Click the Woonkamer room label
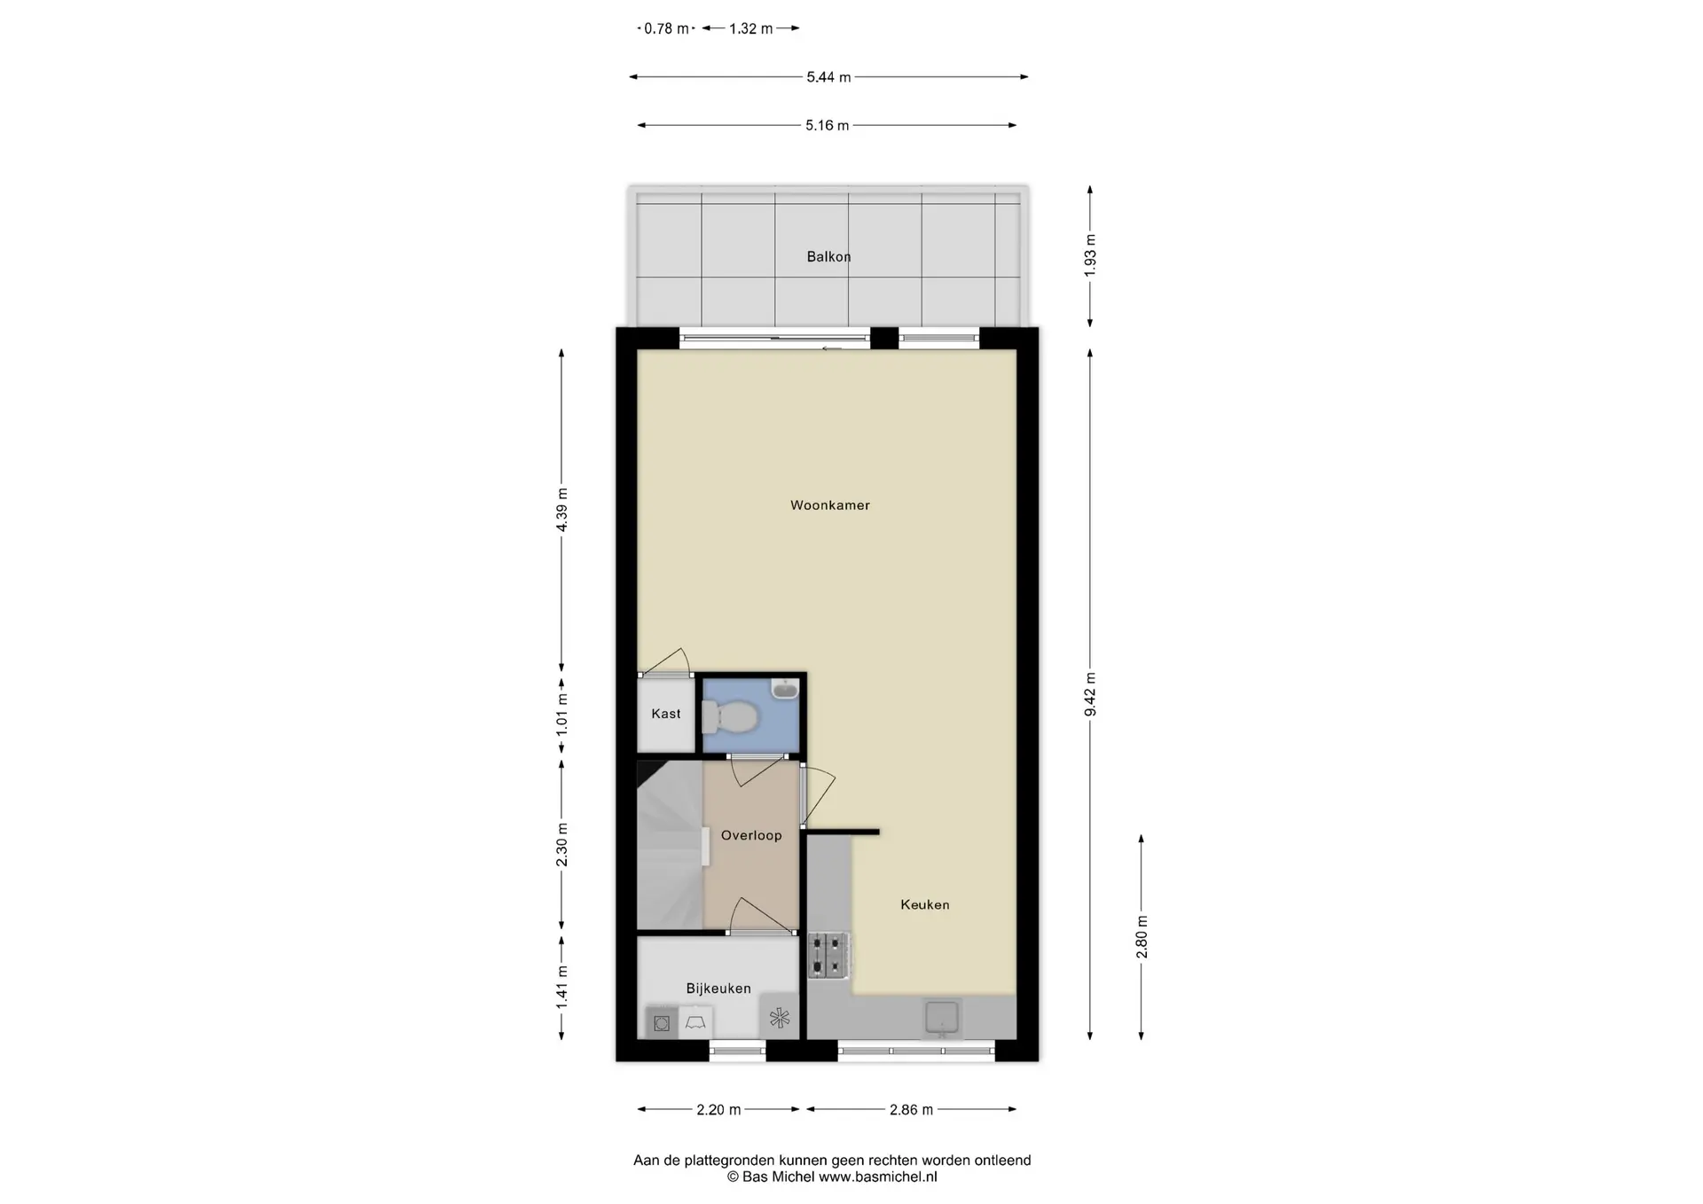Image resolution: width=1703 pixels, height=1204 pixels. click(830, 505)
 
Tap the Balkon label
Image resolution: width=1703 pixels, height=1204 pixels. click(828, 257)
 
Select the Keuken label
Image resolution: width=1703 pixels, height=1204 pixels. click(925, 905)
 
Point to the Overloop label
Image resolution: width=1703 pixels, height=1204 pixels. click(751, 835)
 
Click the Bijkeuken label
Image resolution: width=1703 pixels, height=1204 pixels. click(718, 989)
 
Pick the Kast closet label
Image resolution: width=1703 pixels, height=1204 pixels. click(666, 714)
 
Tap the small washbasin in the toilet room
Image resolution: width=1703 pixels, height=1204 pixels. click(785, 689)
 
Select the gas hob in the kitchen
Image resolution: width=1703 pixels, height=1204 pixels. click(828, 956)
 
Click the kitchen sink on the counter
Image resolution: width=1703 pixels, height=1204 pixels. click(942, 1018)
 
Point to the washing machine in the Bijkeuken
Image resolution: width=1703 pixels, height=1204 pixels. click(661, 1023)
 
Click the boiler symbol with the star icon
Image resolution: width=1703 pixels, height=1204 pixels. click(779, 1018)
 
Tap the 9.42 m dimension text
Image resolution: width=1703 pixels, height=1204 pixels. click(1090, 694)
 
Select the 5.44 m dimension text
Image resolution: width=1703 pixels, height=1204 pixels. click(828, 77)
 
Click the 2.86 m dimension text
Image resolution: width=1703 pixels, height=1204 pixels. click(911, 1109)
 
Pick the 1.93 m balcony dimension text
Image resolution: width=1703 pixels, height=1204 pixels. click(1090, 255)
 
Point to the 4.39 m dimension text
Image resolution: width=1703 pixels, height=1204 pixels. click(561, 510)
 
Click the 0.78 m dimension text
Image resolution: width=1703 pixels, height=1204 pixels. click(666, 28)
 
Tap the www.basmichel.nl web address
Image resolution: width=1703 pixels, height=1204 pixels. click(877, 1177)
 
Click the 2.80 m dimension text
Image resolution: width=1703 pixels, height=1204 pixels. click(1142, 937)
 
